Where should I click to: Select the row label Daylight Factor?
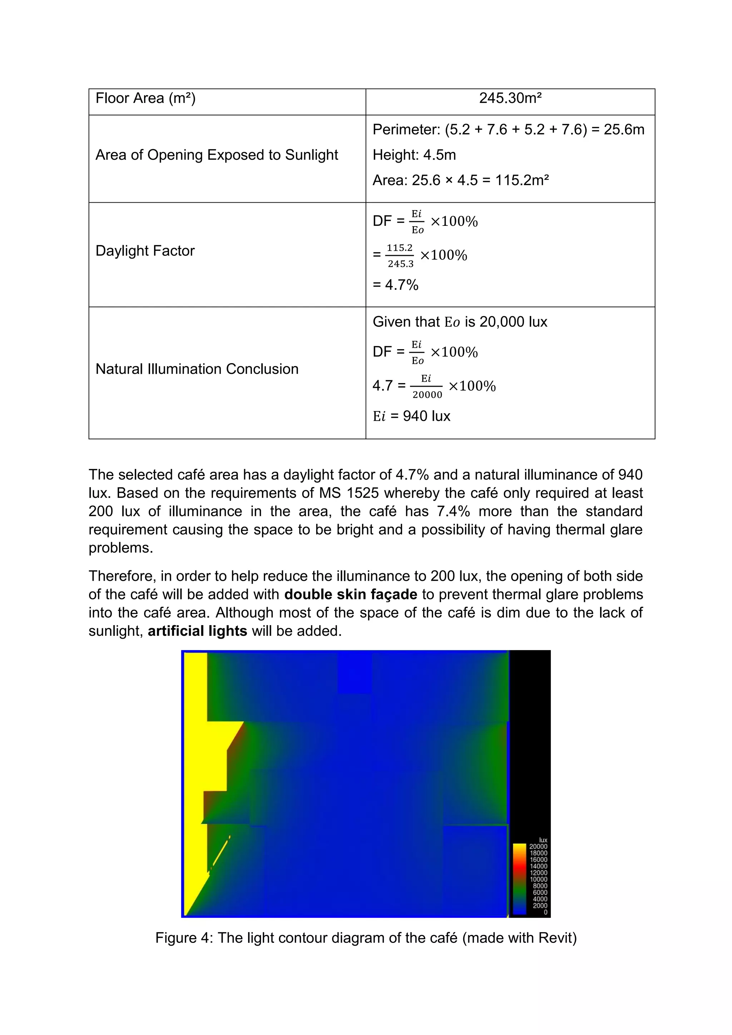tap(145, 251)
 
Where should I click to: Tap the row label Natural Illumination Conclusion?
tap(197, 369)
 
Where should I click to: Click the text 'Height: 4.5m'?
tap(414, 155)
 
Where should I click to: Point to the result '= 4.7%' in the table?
tap(395, 285)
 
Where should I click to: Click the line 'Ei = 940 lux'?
tap(411, 416)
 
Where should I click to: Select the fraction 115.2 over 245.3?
tap(400, 256)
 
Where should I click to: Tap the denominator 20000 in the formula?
tap(427, 395)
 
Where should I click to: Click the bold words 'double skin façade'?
tap(350, 594)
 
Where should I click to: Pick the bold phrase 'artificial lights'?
tap(197, 631)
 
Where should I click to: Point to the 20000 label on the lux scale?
tap(538, 847)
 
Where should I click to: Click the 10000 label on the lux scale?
tap(538, 880)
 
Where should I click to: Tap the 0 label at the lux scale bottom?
tap(545, 912)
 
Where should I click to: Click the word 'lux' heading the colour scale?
tap(543, 840)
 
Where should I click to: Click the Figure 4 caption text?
tap(366, 938)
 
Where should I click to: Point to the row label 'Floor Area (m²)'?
tap(145, 98)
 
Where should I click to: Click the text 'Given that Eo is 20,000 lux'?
tap(460, 322)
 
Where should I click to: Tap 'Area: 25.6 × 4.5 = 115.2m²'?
tap(460, 180)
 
